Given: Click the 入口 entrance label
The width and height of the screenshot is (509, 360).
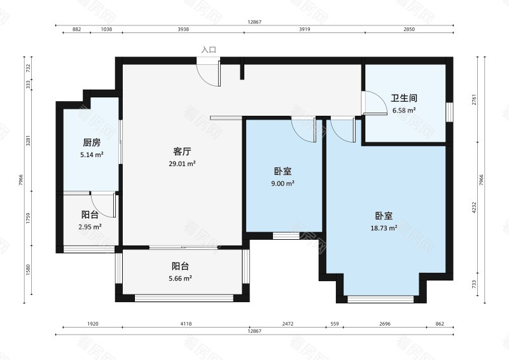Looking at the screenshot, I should [x=209, y=50].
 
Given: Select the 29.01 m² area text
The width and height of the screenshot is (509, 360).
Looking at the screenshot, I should [x=183, y=163].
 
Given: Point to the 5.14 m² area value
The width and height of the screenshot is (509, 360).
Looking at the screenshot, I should [x=92, y=154].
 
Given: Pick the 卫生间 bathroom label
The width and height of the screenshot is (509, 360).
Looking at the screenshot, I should [x=404, y=99].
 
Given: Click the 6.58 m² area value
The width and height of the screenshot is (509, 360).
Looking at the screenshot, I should [x=404, y=110].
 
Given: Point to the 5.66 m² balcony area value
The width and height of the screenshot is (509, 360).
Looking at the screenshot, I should [x=181, y=278].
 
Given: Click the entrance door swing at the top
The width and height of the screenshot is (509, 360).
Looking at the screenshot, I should [x=208, y=73].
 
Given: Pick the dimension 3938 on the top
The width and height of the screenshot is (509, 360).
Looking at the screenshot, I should [x=183, y=30].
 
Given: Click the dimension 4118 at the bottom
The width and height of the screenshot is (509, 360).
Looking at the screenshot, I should [x=185, y=324].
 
